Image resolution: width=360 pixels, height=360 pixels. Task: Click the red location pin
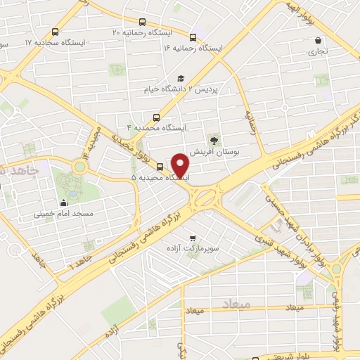pos(181,165)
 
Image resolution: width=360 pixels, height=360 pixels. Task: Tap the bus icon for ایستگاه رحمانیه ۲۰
pos(143,22)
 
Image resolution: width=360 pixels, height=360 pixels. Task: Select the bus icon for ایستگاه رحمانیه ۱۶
pos(193,37)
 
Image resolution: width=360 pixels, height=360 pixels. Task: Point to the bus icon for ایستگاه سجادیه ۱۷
pos(56,32)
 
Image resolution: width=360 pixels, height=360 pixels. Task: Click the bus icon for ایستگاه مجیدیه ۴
pos(155,117)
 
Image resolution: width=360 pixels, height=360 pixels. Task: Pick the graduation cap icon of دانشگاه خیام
pos(181,79)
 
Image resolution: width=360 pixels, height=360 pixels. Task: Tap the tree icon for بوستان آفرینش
pos(214,139)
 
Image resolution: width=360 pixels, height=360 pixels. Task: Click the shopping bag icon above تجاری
pos(319,41)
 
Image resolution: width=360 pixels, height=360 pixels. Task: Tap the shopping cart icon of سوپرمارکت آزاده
pos(203,238)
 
